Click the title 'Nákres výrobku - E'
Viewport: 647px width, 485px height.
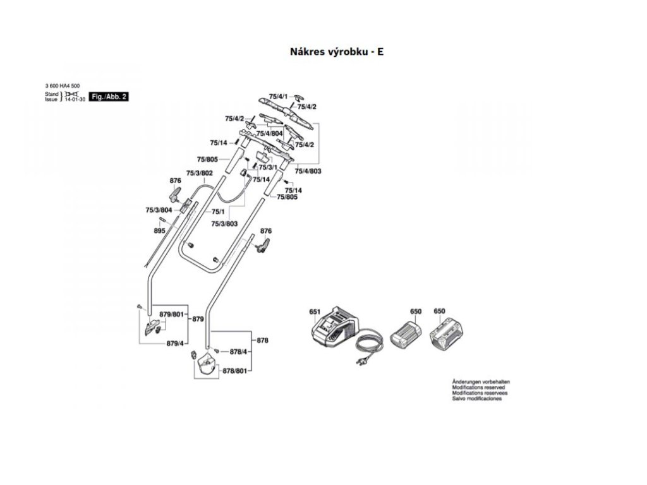[336, 52]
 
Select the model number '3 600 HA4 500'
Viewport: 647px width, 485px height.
[63, 86]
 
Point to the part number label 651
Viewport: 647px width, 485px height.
[315, 312]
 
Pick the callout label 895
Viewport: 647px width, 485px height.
[159, 231]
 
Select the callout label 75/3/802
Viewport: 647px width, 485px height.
[199, 173]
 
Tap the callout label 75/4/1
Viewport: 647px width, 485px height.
[278, 96]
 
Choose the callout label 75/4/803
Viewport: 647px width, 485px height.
[308, 171]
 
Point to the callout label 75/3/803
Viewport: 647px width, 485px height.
[224, 224]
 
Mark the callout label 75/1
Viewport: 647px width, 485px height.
[218, 212]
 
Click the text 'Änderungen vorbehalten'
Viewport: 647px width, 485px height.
[481, 382]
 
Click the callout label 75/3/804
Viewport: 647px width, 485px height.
[159, 210]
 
